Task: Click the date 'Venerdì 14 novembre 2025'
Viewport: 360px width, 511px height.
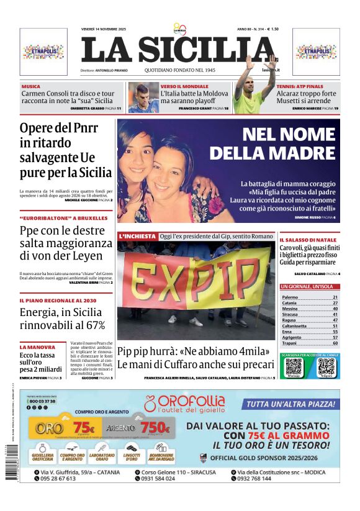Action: click(x=103, y=29)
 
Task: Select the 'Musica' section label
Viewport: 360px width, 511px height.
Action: click(x=31, y=86)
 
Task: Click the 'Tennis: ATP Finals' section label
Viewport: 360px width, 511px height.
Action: click(x=300, y=86)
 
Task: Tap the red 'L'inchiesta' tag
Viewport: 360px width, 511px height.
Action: click(x=137, y=237)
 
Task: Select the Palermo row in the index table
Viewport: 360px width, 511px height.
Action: click(x=309, y=297)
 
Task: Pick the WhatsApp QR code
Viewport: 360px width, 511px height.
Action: click(x=293, y=366)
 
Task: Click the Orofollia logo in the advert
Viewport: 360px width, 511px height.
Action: click(x=184, y=404)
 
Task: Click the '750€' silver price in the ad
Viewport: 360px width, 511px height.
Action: click(x=155, y=428)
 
